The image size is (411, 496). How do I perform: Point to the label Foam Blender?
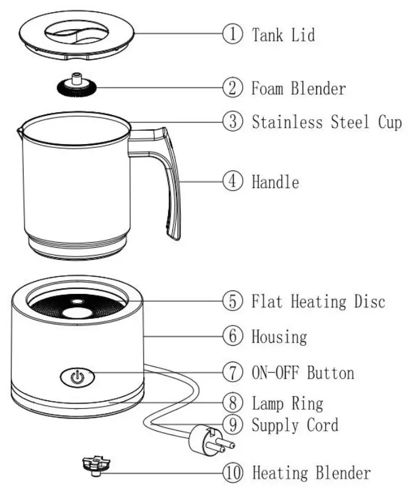(298, 88)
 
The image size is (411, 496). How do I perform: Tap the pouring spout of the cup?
(19, 130)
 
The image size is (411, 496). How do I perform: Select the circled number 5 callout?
(233, 301)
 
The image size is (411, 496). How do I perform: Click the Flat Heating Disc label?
(318, 301)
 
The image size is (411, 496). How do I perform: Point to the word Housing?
(279, 335)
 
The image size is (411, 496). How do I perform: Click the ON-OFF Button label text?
(303, 371)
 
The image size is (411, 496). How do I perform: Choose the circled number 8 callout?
(233, 402)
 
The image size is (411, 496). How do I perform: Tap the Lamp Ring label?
(287, 403)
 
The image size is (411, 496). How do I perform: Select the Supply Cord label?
(295, 424)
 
